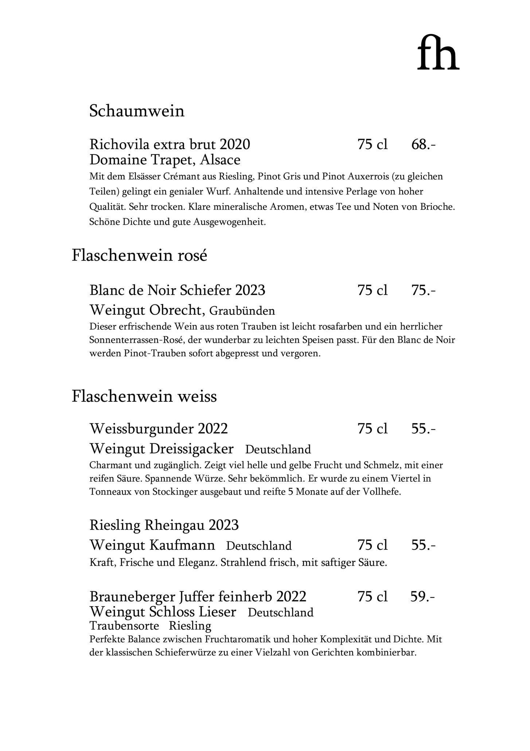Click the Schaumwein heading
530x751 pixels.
pyautogui.click(x=137, y=111)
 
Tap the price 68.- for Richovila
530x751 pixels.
pyautogui.click(x=423, y=145)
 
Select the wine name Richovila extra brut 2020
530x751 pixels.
pyautogui.click(x=170, y=145)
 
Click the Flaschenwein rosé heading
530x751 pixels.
pyautogui.click(x=139, y=255)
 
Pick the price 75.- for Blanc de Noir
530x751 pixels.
pyautogui.click(x=423, y=290)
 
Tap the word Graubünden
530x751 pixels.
pyautogui.click(x=242, y=311)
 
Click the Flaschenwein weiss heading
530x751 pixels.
pyautogui.click(x=144, y=396)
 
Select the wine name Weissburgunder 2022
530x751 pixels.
pyautogui.click(x=159, y=428)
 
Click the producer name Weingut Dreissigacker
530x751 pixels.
pyautogui.click(x=161, y=449)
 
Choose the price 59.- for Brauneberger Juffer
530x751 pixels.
pyautogui.click(x=422, y=596)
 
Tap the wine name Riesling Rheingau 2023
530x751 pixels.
pyautogui.click(x=164, y=525)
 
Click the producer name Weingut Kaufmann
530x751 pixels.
pyautogui.click(x=152, y=545)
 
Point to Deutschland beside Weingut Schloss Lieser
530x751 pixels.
pyautogui.click(x=281, y=612)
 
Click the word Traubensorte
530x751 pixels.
pyautogui.click(x=124, y=626)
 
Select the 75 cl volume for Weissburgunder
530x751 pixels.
pyautogui.click(x=373, y=428)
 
